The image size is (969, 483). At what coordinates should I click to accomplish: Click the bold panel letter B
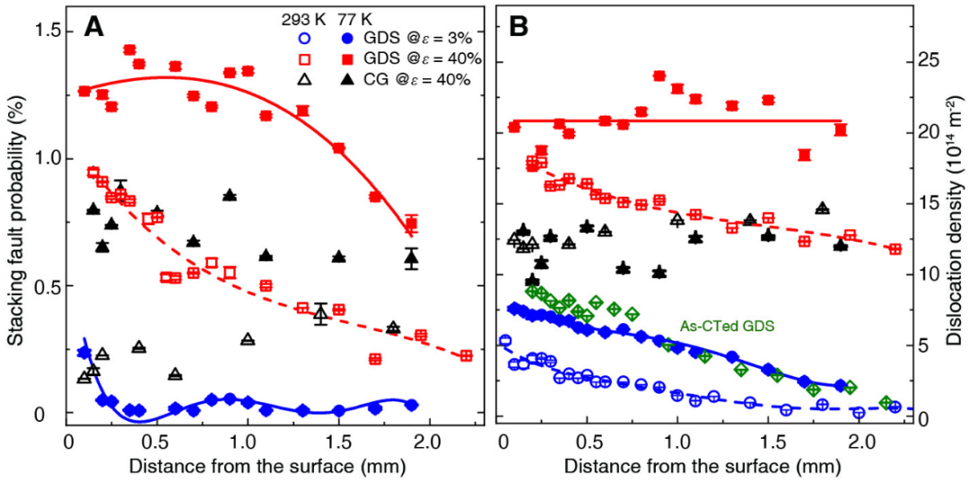(519, 27)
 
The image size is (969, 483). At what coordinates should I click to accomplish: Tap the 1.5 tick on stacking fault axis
(44, 31)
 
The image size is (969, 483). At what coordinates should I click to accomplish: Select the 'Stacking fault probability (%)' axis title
(15, 225)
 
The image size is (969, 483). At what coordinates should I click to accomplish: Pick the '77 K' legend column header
(351, 17)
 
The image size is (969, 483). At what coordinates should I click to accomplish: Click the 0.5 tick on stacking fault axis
(44, 286)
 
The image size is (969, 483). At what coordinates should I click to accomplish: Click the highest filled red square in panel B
(659, 76)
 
